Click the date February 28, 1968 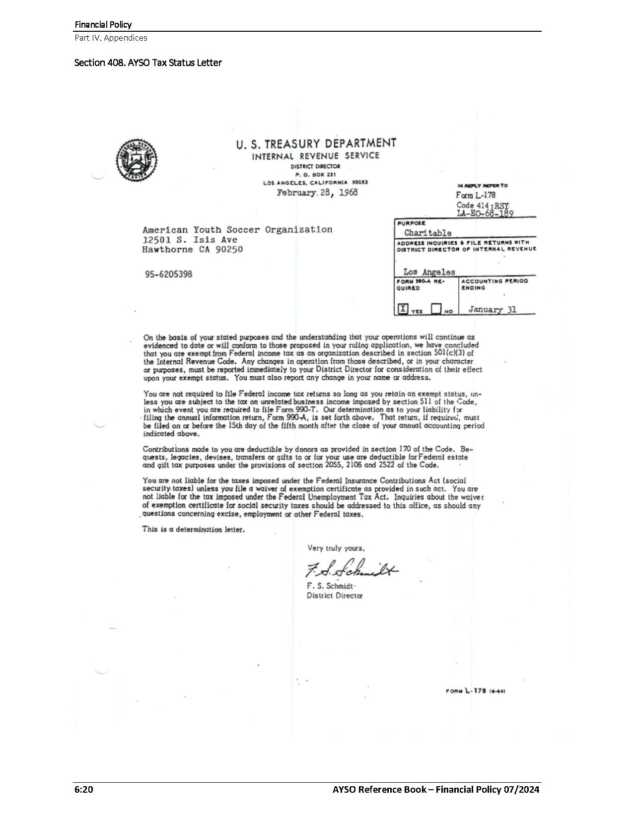pos(317,193)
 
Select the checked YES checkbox pos(403,309)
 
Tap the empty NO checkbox pos(436,309)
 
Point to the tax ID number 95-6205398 pos(168,274)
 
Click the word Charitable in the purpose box pos(427,232)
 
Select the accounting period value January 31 pos(492,309)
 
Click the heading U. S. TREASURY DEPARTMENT pos(316,144)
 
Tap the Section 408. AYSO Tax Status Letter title pos(148,63)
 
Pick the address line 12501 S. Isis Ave pos(190,240)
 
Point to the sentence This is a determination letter pos(193,529)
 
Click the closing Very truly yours pos(336,548)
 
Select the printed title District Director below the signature pos(335,595)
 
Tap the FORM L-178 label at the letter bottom pos(476,691)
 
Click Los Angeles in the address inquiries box pos(429,272)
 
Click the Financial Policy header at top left pos(103,24)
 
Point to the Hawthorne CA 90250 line pos(192,250)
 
